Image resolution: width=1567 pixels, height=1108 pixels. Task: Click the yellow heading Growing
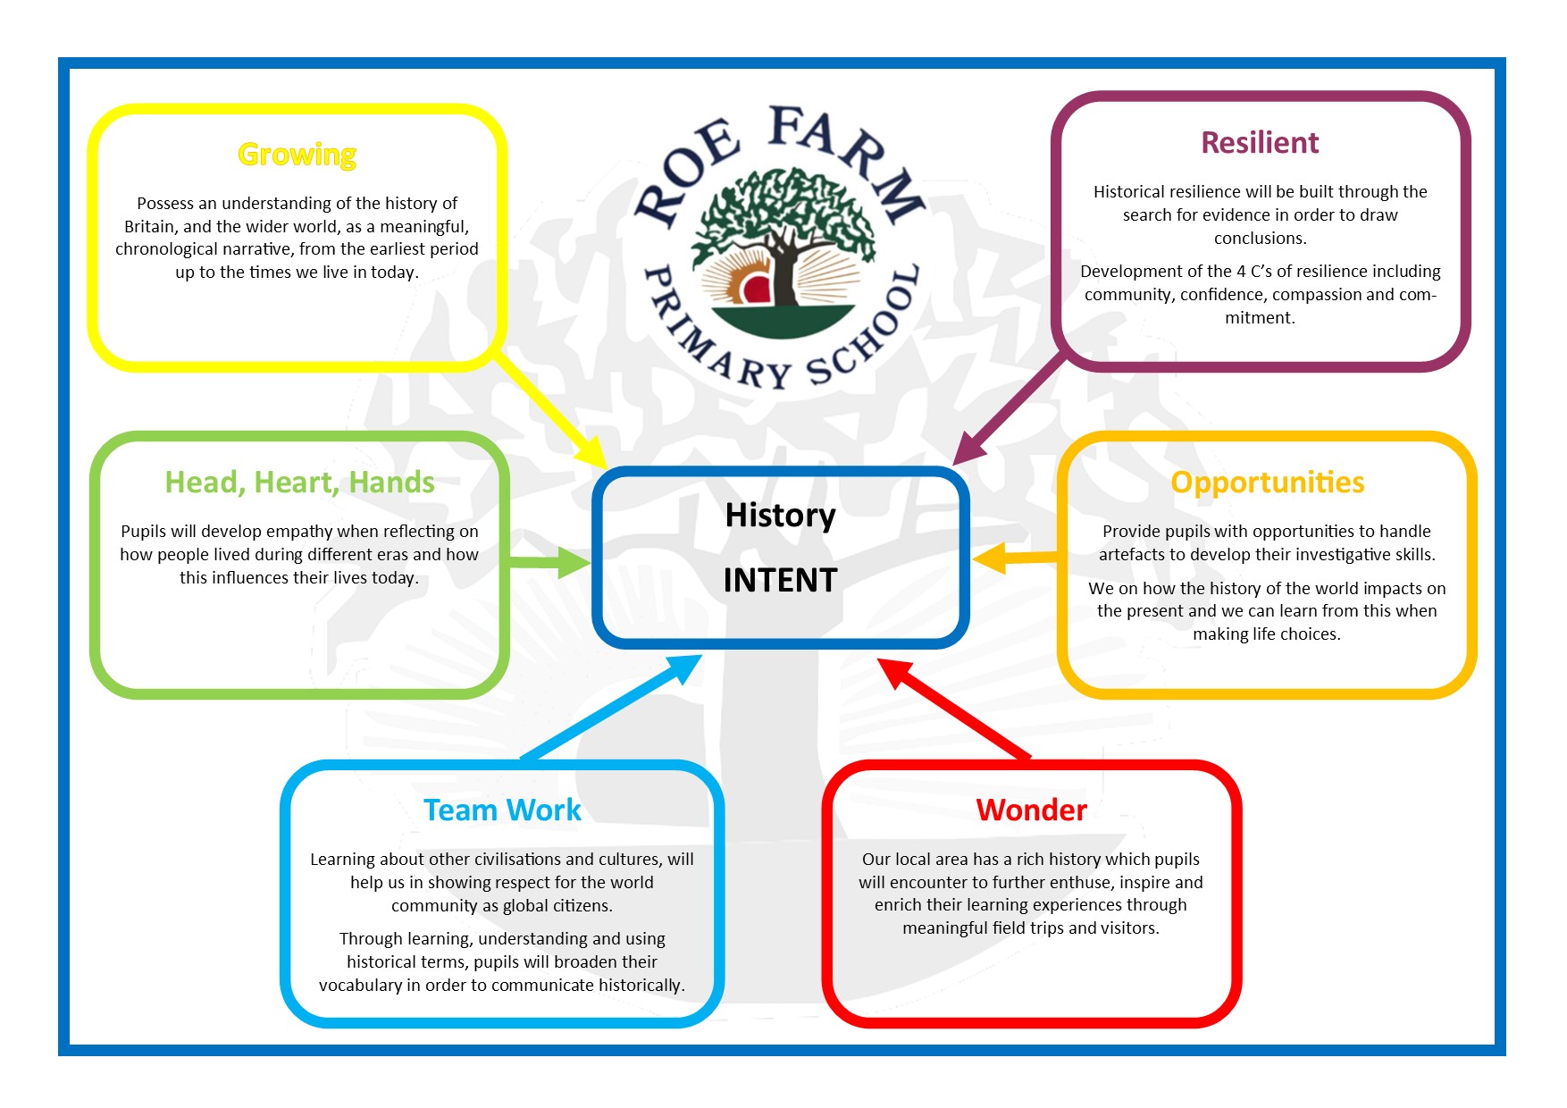[297, 155]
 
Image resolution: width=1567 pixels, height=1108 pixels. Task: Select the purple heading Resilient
[1259, 143]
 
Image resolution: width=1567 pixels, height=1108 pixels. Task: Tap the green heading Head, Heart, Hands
[299, 483]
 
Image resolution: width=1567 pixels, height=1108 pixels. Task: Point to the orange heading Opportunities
[1267, 483]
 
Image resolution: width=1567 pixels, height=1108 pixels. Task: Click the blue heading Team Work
[502, 810]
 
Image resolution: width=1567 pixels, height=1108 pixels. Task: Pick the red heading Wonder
[1031, 810]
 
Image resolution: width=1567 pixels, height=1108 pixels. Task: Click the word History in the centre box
[780, 516]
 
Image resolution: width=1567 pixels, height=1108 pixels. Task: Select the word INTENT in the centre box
[780, 581]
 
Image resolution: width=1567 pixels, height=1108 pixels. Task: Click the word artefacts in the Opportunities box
[1131, 555]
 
